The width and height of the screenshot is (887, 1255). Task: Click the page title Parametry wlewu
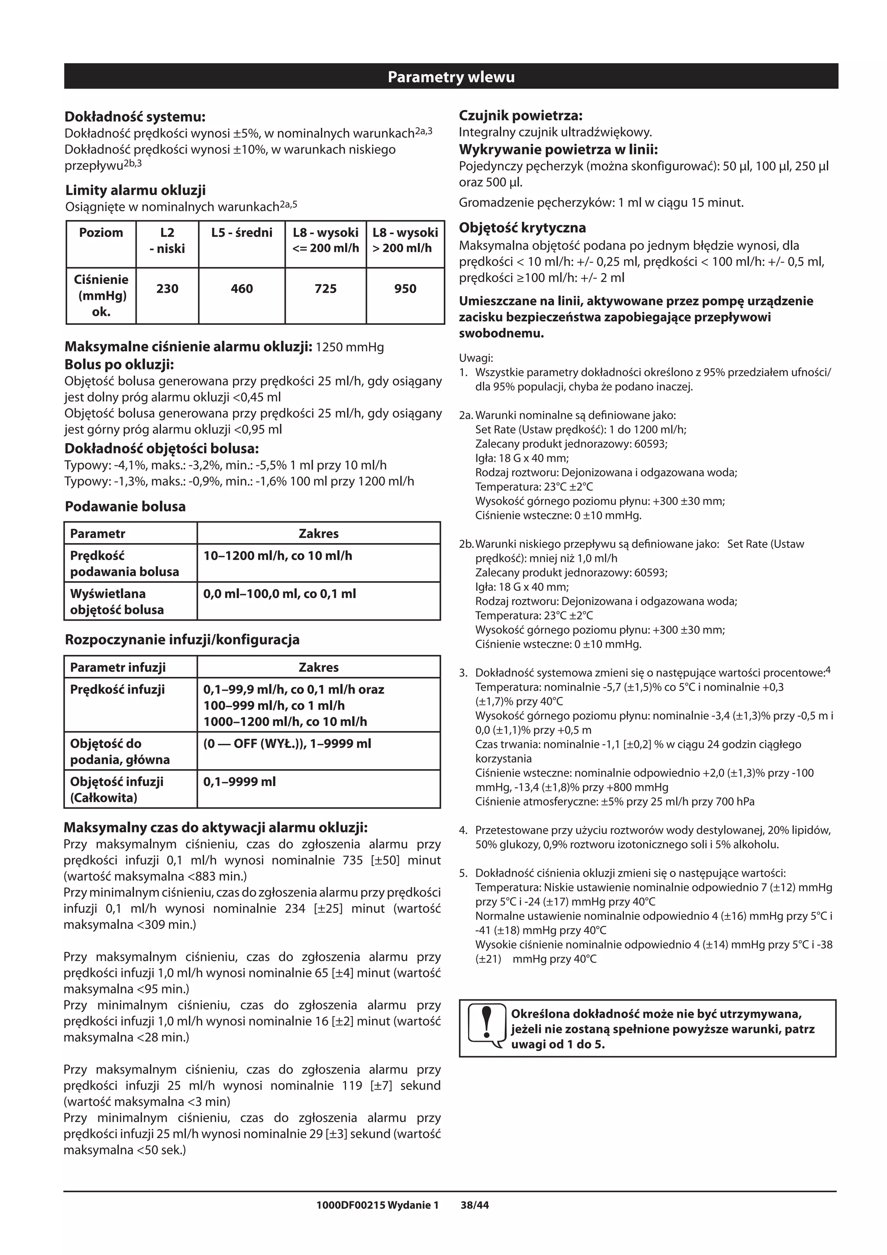[451, 77]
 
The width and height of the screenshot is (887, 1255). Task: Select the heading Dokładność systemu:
[135, 116]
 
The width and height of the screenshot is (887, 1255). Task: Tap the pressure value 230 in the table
[167, 288]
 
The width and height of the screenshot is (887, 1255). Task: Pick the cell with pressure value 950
[405, 288]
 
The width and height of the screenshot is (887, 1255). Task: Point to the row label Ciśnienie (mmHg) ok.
[101, 295]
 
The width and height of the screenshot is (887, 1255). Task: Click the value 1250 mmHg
[350, 347]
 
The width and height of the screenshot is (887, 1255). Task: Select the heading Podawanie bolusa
[125, 507]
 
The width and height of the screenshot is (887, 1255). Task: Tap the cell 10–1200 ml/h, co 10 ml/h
[278, 556]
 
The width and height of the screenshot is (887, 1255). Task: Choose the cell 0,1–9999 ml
[240, 782]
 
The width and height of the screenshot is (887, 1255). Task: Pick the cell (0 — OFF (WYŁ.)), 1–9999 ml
[287, 744]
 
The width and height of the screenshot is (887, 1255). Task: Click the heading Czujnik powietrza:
[520, 115]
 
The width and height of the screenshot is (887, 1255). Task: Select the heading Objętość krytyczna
[522, 228]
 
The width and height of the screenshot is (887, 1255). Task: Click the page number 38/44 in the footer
[474, 1205]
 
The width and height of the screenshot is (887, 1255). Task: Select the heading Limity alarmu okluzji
[136, 190]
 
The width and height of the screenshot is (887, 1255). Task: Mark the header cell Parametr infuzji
[117, 667]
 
